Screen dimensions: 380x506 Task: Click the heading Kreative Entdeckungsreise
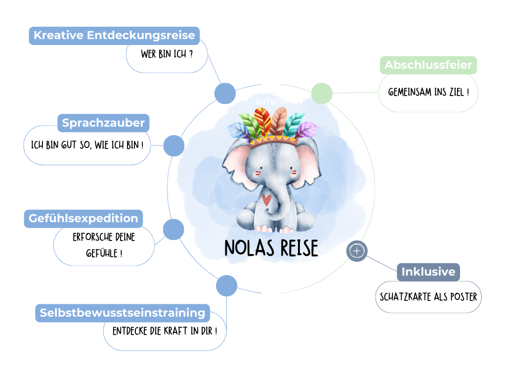click(x=114, y=36)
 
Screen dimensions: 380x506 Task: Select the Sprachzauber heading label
click(x=103, y=123)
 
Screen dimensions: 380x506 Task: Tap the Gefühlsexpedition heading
click(x=83, y=218)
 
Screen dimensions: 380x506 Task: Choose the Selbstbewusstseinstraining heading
click(x=122, y=313)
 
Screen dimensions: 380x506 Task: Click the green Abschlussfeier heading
click(x=428, y=65)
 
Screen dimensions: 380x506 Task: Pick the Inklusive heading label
click(x=428, y=272)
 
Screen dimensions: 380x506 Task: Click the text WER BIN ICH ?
click(x=167, y=54)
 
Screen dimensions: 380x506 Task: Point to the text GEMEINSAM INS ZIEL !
click(x=428, y=93)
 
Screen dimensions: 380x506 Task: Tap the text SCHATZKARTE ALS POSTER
click(x=428, y=297)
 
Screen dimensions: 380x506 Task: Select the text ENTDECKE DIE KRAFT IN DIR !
click(x=165, y=331)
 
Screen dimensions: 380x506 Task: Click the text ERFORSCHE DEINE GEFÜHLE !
click(x=104, y=245)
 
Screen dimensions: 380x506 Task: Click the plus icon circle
click(x=357, y=251)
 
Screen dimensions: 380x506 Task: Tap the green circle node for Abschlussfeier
click(x=322, y=93)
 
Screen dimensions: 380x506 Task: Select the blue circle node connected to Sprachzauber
click(x=173, y=145)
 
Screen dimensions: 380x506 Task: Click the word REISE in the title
click(x=295, y=248)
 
